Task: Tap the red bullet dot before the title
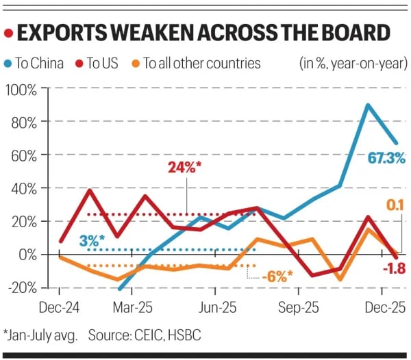[x=8, y=33]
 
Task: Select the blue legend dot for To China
[x=8, y=64]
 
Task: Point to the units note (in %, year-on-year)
[x=353, y=64]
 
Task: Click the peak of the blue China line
[x=369, y=105]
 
